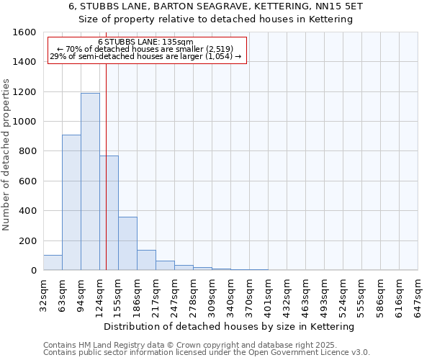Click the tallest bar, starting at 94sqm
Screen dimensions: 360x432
click(90, 181)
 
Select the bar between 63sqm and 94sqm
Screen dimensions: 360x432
click(71, 202)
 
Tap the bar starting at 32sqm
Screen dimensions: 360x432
click(53, 263)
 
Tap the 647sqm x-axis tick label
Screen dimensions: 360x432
click(418, 293)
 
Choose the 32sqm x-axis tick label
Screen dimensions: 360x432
click(43, 293)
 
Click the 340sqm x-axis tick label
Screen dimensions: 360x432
click(230, 293)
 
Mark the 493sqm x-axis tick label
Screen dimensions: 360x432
click(324, 293)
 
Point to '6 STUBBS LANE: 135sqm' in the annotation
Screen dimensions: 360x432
click(145, 42)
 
